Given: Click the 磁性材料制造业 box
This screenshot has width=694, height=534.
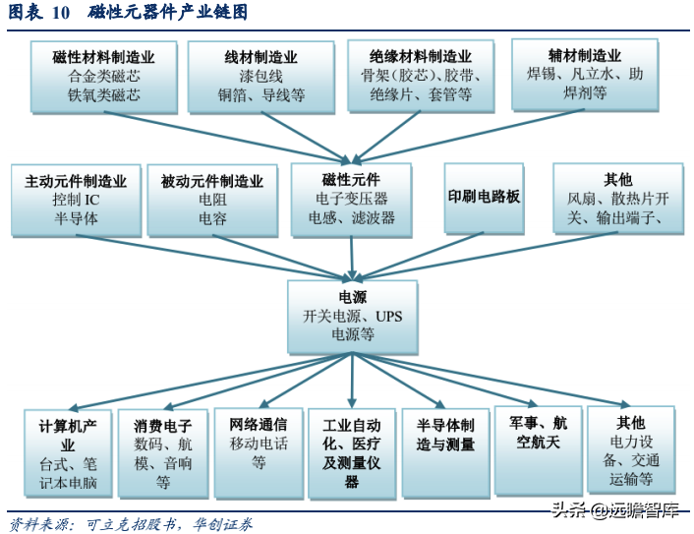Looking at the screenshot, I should pos(103,76).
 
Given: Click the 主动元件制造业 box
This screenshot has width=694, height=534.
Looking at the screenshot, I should pos(76,200).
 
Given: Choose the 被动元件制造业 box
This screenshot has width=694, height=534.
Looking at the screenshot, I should pos(211,200).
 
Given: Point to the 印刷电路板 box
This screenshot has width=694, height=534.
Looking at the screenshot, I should pos(484,197).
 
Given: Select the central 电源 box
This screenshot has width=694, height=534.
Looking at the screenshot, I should pos(353,316).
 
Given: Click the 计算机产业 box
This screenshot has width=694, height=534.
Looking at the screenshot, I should pos(69,453).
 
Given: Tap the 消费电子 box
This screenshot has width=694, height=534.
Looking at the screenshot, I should pos(162,453).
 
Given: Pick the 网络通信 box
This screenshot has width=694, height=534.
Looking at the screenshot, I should pos(259,451).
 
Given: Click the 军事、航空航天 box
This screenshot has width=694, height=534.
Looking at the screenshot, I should pos(538,448).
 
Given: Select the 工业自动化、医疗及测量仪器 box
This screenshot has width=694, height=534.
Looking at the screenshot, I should pos(352,453).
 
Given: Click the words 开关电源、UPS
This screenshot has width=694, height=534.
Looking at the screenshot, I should pos(353,316).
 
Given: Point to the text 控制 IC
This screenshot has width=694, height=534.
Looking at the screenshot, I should pos(76,200).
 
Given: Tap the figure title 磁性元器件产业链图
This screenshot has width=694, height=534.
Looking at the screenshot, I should pos(168,13).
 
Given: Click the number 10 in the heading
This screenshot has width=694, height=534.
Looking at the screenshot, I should pos(60,13).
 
